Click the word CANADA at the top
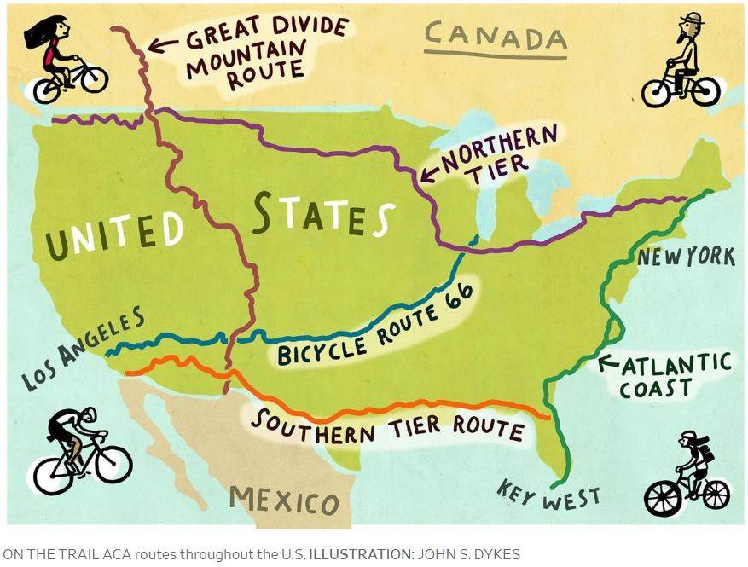(x=495, y=37)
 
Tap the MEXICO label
(x=284, y=499)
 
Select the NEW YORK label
(x=685, y=256)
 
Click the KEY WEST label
(x=548, y=495)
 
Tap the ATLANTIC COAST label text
(x=673, y=376)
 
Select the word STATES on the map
(x=323, y=214)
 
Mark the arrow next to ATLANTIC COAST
(x=609, y=363)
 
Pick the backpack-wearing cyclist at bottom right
(x=687, y=474)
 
